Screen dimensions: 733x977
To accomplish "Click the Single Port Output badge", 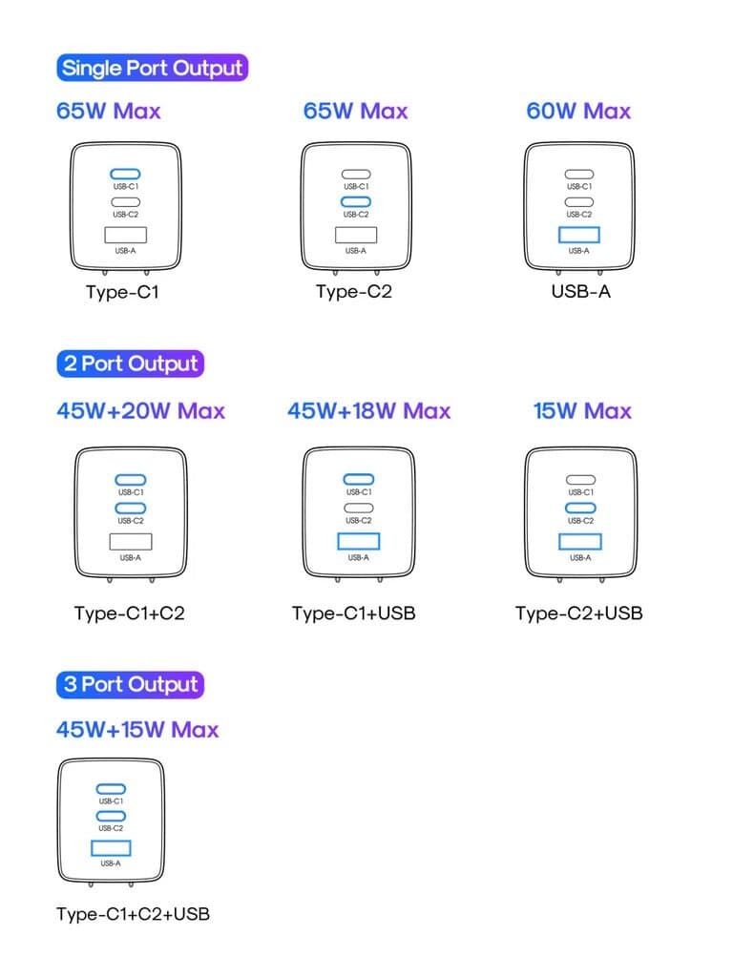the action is pyautogui.click(x=152, y=68).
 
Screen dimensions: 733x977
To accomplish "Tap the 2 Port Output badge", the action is pyautogui.click(x=130, y=364).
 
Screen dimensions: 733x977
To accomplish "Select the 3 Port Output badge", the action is pyautogui.click(x=130, y=684).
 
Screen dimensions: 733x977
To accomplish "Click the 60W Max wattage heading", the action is pyautogui.click(x=578, y=111).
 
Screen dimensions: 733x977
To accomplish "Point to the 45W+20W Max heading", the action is pyautogui.click(x=141, y=411).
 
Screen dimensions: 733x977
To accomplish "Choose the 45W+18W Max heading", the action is pyautogui.click(x=369, y=411).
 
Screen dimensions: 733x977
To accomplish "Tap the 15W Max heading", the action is pyautogui.click(x=582, y=411).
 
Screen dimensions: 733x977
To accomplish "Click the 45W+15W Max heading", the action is pyautogui.click(x=137, y=730).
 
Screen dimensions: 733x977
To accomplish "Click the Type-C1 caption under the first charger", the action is pyautogui.click(x=123, y=292).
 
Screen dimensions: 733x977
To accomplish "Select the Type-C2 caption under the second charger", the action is pyautogui.click(x=354, y=292).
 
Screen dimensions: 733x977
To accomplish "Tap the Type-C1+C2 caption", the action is pyautogui.click(x=130, y=613).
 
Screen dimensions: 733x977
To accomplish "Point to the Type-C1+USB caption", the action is pyautogui.click(x=354, y=613).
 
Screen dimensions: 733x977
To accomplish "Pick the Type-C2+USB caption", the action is pyautogui.click(x=579, y=613).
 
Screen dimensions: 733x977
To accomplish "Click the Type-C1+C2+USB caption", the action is pyautogui.click(x=133, y=914).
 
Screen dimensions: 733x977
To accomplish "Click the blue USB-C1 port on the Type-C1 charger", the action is pyautogui.click(x=125, y=175).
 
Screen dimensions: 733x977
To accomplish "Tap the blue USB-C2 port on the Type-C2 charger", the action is pyautogui.click(x=356, y=202).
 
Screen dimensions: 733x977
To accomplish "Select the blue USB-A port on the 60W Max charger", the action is pyautogui.click(x=579, y=235).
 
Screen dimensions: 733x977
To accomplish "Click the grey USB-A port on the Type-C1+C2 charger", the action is pyautogui.click(x=130, y=542).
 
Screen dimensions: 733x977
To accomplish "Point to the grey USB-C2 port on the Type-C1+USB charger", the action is pyautogui.click(x=359, y=508).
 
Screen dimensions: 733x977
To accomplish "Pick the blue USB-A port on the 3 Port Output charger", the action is pyautogui.click(x=111, y=848).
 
